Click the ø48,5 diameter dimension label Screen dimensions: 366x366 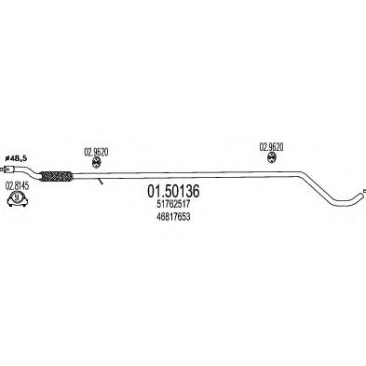point(16,158)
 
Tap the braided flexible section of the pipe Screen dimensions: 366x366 point(56,176)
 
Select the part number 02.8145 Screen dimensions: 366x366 point(18,186)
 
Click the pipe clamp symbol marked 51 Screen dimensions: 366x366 point(18,198)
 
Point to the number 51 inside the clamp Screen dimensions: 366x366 point(18,197)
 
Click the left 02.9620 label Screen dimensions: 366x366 point(96,153)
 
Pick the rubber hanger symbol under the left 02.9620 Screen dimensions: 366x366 point(96,162)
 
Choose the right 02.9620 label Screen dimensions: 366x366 point(271,147)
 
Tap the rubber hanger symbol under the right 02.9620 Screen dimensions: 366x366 point(272,157)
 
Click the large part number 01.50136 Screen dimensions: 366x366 point(173,192)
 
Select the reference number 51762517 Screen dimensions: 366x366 point(173,205)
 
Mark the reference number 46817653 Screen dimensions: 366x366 point(173,217)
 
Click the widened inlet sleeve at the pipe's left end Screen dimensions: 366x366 point(10,169)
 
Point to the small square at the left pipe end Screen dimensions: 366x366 point(2,169)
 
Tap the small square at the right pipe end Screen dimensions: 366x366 point(364,191)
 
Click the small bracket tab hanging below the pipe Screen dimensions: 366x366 point(100,182)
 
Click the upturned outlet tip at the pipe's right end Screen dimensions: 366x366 point(357,197)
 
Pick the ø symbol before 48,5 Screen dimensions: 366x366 point(7,158)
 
